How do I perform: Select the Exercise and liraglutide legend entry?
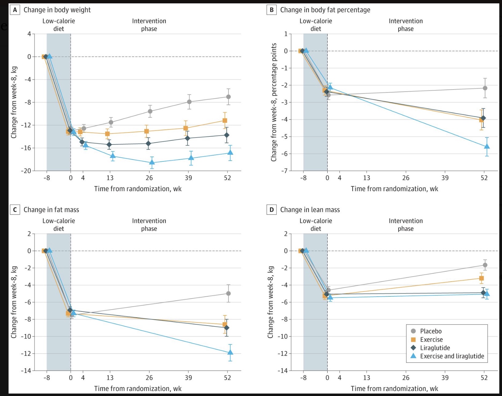point(452,356)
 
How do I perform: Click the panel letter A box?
point(15,10)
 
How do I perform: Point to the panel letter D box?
point(271,210)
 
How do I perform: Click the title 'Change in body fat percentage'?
point(325,10)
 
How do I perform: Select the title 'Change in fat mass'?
point(51,210)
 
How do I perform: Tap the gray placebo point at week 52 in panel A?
point(228,97)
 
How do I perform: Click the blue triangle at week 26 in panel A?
point(152,162)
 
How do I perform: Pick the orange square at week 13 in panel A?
point(107,134)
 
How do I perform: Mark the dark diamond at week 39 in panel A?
point(187,138)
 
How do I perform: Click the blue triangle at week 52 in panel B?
point(487,146)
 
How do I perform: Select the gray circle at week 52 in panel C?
point(228,293)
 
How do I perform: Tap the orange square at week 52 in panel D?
point(481,278)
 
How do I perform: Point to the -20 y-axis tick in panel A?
point(26,171)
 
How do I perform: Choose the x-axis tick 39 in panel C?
point(188,378)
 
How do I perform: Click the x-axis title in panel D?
point(394,388)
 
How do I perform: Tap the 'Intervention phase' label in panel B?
point(405,25)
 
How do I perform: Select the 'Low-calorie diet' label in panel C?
point(58,225)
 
